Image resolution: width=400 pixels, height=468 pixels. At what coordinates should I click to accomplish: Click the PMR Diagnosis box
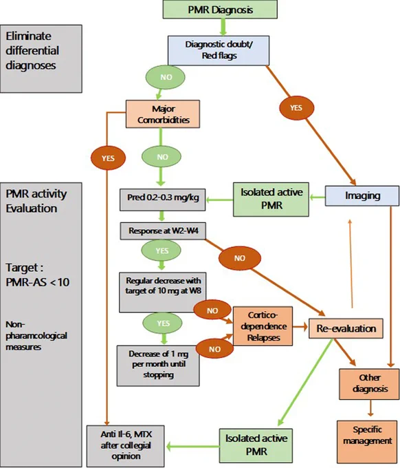coord(220,9)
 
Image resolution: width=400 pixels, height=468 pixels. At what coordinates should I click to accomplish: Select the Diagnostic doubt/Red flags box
coord(219,50)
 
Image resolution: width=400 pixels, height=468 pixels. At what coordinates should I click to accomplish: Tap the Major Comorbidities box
coord(163,114)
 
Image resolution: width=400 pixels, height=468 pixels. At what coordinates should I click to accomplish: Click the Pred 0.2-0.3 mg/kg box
coord(163,200)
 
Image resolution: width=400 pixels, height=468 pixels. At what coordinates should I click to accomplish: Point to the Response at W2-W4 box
coord(163,231)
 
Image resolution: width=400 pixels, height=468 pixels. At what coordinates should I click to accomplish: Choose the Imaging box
coord(362,195)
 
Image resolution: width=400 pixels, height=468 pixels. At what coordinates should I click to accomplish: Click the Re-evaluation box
coord(346,328)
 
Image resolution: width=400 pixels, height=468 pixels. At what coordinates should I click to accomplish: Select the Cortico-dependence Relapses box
coord(263,326)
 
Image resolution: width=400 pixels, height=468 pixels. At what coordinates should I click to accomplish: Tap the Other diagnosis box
coord(369,384)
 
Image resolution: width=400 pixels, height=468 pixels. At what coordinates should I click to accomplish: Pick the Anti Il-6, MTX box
coord(126,446)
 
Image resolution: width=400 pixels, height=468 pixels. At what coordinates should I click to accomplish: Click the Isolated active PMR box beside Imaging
coord(271,200)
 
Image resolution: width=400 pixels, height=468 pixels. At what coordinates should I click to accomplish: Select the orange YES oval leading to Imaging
coord(297,108)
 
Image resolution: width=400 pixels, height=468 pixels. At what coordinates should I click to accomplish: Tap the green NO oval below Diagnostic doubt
coord(165,77)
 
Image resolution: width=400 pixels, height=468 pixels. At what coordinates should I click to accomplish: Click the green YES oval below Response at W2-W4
coord(162,251)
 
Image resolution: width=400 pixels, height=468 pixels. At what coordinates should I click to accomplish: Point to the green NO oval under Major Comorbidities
coord(162,157)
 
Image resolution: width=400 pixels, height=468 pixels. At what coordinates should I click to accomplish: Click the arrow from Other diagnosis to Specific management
coord(370,408)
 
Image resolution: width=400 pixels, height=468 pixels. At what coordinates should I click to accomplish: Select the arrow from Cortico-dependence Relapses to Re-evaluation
coord(300,327)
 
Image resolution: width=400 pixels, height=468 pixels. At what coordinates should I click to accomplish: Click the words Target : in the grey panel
coord(25,268)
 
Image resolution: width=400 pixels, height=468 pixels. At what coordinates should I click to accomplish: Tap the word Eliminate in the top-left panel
coord(29,36)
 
